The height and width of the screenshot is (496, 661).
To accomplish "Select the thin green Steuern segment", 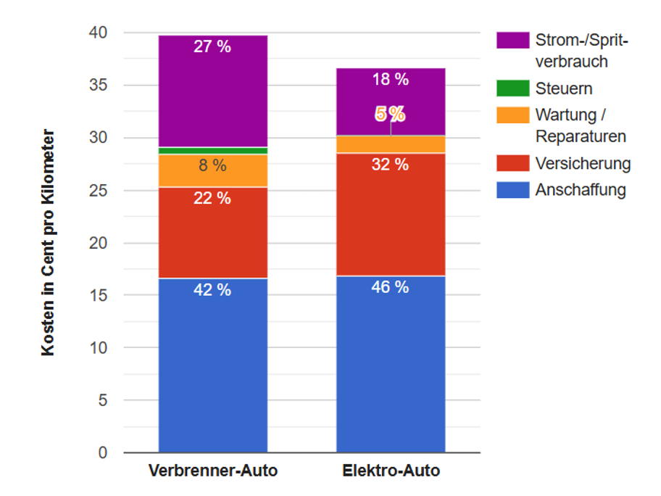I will [212, 151].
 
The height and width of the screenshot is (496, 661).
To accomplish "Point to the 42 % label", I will [212, 290].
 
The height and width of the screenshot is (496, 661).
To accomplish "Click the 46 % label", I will [391, 287].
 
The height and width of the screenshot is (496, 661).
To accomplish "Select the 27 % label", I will [212, 47].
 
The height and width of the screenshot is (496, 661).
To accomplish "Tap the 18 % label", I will [391, 80].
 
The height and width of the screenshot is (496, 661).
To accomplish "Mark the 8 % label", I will [212, 166].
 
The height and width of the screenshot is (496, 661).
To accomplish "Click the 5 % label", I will [390, 114].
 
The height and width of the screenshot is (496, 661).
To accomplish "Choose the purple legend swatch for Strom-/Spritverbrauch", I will [512, 40].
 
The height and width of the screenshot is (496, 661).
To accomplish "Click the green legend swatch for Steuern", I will [512, 88].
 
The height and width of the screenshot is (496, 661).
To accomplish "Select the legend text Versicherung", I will [583, 164].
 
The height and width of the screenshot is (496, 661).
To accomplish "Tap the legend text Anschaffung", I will [581, 190].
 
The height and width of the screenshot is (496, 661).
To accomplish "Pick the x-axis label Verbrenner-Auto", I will [212, 471].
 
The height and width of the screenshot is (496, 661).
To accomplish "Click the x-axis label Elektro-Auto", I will [391, 471].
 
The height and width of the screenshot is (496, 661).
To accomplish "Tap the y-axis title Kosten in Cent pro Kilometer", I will [48, 242].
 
